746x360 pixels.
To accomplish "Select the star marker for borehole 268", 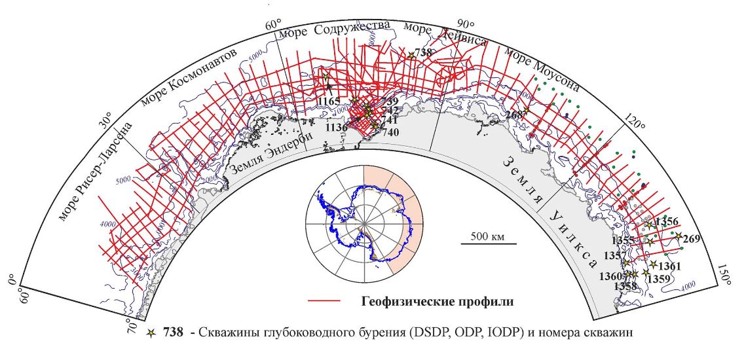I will click(x=526, y=110).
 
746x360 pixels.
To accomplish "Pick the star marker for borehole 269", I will click(x=679, y=236).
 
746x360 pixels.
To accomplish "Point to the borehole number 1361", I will click(x=670, y=266).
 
